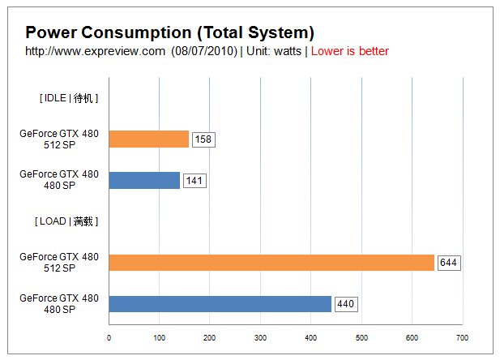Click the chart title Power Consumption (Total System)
pyautogui.click(x=169, y=32)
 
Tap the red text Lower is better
pyautogui.click(x=349, y=51)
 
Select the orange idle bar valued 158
pyautogui.click(x=148, y=139)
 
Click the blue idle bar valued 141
pyautogui.click(x=144, y=180)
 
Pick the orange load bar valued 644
pyautogui.click(x=271, y=263)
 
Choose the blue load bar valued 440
pyautogui.click(x=220, y=304)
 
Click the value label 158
pyautogui.click(x=203, y=139)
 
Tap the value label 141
pyautogui.click(x=194, y=181)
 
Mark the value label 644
pyautogui.click(x=448, y=263)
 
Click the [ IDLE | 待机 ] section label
pyautogui.click(x=68, y=98)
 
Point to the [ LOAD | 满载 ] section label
pyautogui.click(x=66, y=221)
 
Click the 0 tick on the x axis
pyautogui.click(x=109, y=338)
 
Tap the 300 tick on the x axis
pyautogui.click(x=260, y=338)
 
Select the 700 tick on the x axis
pyautogui.click(x=462, y=338)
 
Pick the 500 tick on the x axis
pyautogui.click(x=361, y=338)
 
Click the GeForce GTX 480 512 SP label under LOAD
pyautogui.click(x=59, y=263)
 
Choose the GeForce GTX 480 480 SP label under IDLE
pyautogui.click(x=59, y=180)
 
